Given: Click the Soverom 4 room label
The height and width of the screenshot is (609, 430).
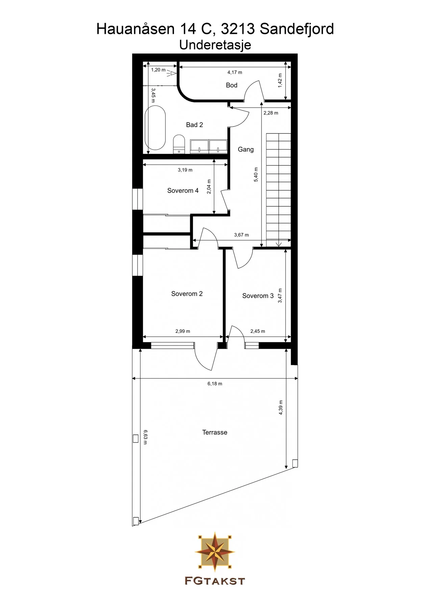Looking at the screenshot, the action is click(183, 190).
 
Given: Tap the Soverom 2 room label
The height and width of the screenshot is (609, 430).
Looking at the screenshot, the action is click(187, 294).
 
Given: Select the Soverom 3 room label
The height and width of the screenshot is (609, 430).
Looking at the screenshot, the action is click(258, 296).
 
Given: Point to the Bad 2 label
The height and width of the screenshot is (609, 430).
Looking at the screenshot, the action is click(194, 125).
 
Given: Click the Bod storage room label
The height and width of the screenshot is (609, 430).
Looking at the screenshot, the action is click(231, 85).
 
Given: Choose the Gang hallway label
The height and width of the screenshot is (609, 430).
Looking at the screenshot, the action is click(246, 149).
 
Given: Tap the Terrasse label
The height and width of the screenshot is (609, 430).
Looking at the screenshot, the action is click(214, 432).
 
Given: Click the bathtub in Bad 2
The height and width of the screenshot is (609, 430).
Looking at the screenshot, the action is click(155, 128).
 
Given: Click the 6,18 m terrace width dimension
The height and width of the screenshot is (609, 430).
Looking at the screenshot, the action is click(215, 384).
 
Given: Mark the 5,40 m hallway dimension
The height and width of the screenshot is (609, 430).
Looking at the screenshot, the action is click(256, 175).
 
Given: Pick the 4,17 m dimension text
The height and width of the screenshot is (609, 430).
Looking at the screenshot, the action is click(234, 72).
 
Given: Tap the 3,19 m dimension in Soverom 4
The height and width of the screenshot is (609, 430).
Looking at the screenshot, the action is click(185, 170).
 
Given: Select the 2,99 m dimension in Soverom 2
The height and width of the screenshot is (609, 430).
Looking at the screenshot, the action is click(182, 331).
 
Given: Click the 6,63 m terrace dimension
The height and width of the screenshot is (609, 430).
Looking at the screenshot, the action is click(145, 437).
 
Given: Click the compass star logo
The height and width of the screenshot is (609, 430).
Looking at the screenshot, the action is click(215, 550).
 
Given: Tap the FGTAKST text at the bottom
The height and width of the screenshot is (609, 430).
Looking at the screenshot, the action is click(214, 581).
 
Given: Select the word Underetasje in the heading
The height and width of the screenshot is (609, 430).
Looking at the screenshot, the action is click(215, 45).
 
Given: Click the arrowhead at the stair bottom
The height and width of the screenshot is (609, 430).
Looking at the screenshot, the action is click(279, 244).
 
